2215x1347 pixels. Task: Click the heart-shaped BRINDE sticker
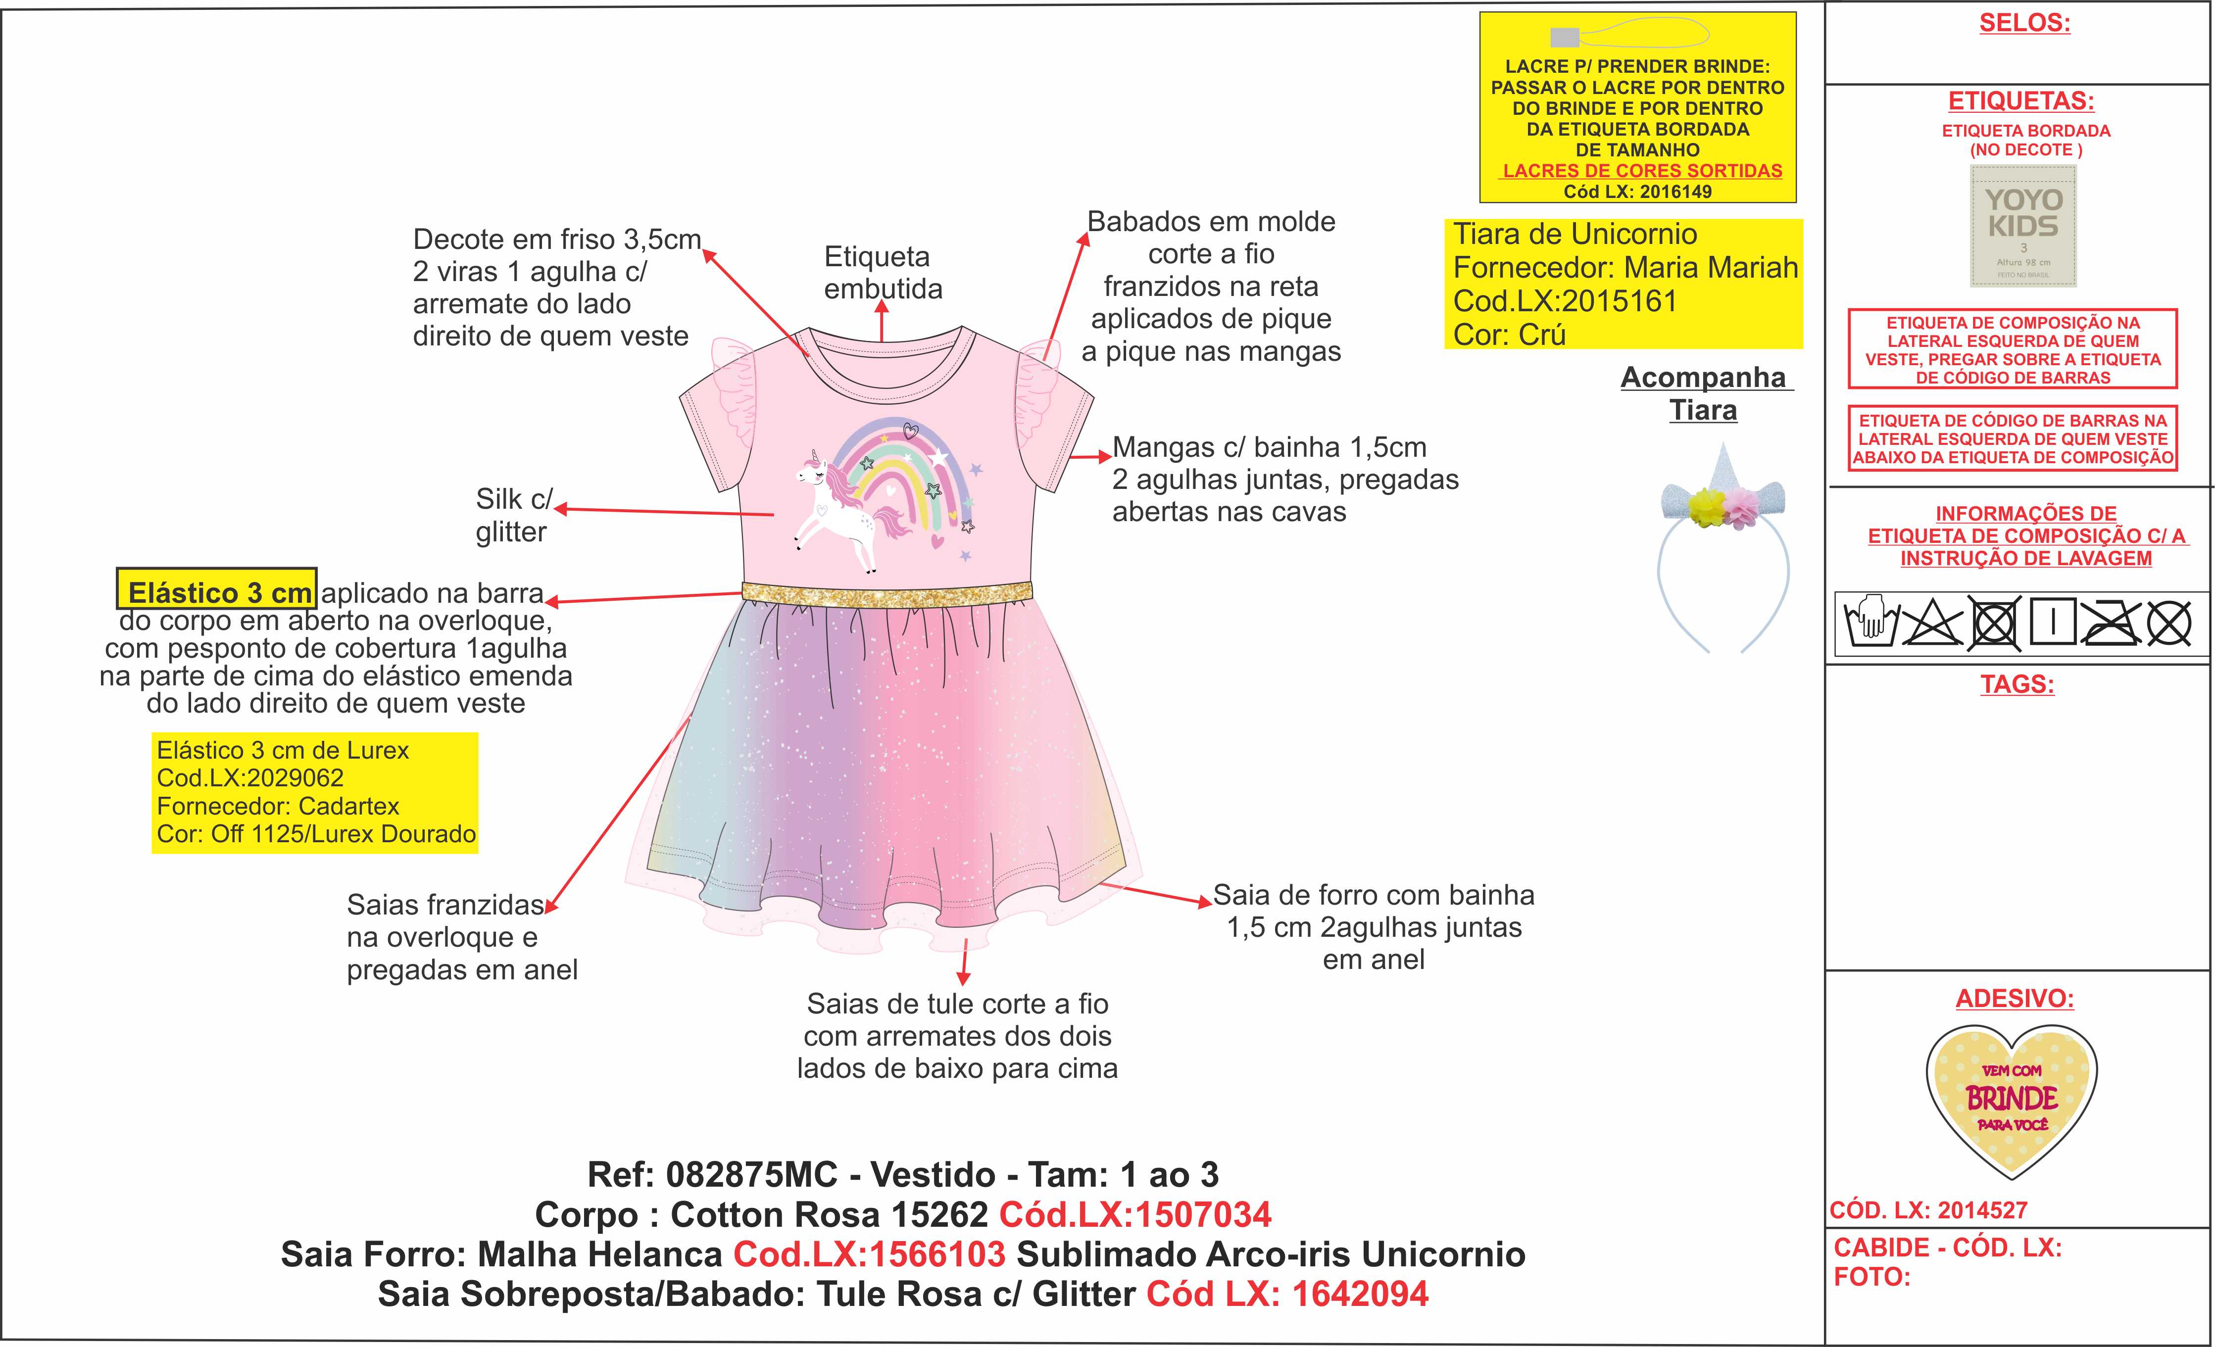(2012, 1100)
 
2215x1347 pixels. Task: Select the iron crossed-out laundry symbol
(2112, 622)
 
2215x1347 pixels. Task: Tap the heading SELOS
(2024, 23)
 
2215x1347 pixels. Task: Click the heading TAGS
(2017, 685)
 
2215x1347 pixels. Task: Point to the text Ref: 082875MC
(712, 1174)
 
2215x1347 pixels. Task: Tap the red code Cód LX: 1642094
(1287, 1294)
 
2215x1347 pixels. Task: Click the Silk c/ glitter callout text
(512, 515)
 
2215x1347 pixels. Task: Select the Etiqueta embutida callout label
(882, 272)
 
